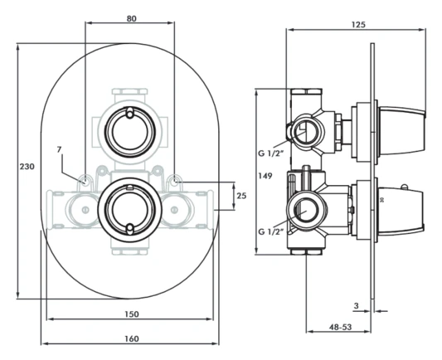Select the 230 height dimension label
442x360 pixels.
pyautogui.click(x=27, y=168)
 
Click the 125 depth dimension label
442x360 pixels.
pyautogui.click(x=357, y=25)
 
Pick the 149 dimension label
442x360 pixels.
pyautogui.click(x=265, y=176)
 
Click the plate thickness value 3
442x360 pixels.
pyautogui.click(x=355, y=306)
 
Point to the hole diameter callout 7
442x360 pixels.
pyautogui.click(x=59, y=149)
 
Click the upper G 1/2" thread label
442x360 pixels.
pyautogui.click(x=270, y=153)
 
